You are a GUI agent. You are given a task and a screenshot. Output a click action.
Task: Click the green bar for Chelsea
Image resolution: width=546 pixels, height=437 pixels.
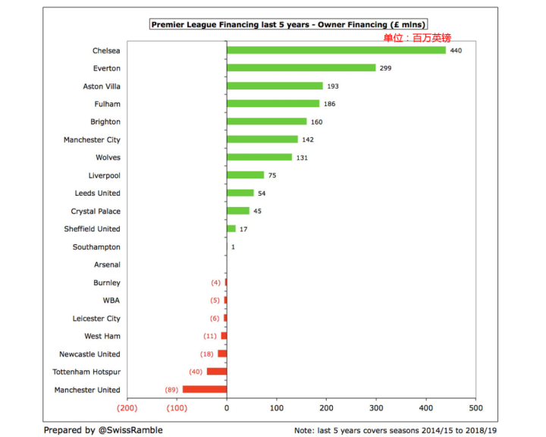(336, 50)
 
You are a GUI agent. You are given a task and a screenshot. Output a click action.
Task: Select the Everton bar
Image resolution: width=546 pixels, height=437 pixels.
(301, 68)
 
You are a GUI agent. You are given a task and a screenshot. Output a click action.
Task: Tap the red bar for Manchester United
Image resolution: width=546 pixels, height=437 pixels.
(205, 389)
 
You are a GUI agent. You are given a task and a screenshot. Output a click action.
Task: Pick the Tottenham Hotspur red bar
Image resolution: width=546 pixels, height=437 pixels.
(217, 372)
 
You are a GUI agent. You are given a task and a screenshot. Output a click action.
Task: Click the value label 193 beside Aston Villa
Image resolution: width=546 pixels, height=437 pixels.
(333, 86)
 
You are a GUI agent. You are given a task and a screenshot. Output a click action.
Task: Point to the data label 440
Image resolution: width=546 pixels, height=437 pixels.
(456, 50)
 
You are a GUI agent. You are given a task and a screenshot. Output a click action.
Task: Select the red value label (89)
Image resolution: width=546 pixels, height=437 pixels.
(171, 390)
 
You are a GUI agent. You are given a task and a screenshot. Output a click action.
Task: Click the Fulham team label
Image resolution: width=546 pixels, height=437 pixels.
(108, 104)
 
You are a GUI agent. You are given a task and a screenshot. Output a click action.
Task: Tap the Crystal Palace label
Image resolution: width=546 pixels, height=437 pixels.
(96, 211)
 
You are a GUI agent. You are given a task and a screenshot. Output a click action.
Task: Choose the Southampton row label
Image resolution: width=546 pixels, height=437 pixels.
(96, 247)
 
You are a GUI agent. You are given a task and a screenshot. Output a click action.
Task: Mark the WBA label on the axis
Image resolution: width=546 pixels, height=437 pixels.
(111, 300)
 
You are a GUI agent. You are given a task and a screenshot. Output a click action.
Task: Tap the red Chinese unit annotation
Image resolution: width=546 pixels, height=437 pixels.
(416, 36)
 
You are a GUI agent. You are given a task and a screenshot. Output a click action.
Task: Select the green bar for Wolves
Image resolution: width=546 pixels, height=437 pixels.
(259, 157)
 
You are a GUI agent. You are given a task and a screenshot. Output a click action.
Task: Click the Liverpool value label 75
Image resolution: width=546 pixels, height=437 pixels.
(273, 175)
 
